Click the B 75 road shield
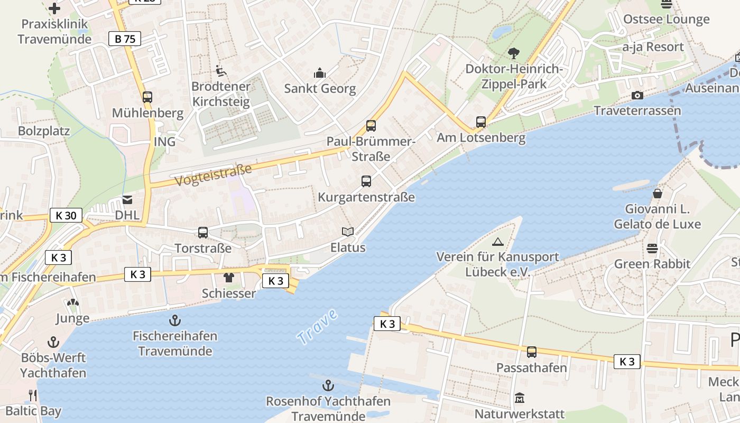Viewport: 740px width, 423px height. click(125, 39)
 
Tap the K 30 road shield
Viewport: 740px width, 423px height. click(66, 215)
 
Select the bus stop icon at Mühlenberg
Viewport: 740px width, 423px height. click(147, 97)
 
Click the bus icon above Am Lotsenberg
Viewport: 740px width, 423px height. click(480, 122)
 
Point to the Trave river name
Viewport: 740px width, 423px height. click(317, 327)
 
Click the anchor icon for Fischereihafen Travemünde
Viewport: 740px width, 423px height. click(174, 320)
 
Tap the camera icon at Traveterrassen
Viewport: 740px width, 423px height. click(637, 95)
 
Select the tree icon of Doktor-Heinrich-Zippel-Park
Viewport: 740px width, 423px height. click(513, 53)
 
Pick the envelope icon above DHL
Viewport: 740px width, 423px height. click(127, 200)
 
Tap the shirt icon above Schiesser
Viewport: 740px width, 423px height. click(228, 278)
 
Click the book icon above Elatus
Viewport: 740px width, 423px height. click(347, 232)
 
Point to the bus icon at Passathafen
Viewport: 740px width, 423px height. click(532, 352)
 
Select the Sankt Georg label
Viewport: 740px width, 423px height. click(320, 88)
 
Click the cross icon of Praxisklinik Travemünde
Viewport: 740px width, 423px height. click(54, 8)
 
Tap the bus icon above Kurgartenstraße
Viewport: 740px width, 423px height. click(366, 181)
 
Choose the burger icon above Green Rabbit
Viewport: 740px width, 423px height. click(652, 248)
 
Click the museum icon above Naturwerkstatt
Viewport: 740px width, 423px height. click(520, 398)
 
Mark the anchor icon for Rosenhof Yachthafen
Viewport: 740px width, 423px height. click(328, 385)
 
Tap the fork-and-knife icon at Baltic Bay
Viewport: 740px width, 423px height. click(32, 395)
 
